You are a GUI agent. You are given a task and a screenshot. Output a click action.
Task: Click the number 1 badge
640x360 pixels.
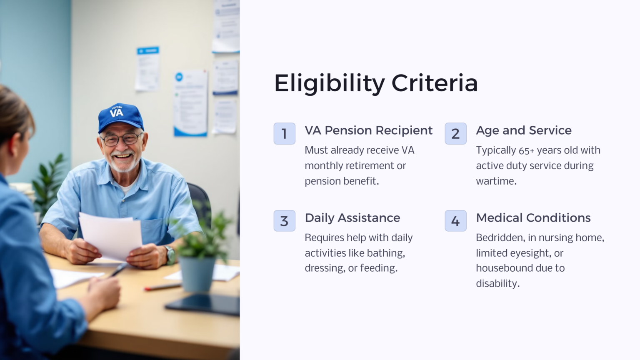(x=284, y=134)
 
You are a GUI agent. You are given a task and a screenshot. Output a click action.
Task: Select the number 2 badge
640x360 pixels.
(x=455, y=134)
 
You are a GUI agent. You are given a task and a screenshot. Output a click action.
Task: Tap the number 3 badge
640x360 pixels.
(x=284, y=221)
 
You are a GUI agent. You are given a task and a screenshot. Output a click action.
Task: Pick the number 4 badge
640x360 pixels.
(x=455, y=221)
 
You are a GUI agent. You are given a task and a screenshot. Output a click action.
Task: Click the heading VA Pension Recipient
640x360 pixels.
(x=368, y=130)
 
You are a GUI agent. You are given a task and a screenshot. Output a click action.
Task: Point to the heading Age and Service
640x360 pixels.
(x=523, y=130)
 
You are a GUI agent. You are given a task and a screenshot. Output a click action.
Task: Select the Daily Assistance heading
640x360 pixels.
(x=352, y=218)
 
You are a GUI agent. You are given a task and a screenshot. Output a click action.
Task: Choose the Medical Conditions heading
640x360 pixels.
(x=533, y=218)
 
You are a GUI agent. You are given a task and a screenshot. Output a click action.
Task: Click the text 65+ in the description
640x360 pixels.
(x=527, y=150)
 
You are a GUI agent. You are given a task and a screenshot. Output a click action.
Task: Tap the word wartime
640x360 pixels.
(x=496, y=181)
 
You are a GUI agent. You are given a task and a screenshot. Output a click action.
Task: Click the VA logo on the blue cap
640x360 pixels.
(x=117, y=112)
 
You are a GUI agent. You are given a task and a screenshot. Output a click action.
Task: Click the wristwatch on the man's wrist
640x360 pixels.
(x=170, y=254)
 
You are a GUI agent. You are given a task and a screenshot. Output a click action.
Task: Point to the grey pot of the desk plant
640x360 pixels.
(x=197, y=273)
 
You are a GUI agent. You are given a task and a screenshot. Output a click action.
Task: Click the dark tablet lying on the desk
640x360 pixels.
(x=204, y=305)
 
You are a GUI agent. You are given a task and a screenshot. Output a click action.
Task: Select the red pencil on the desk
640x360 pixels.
(x=162, y=287)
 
